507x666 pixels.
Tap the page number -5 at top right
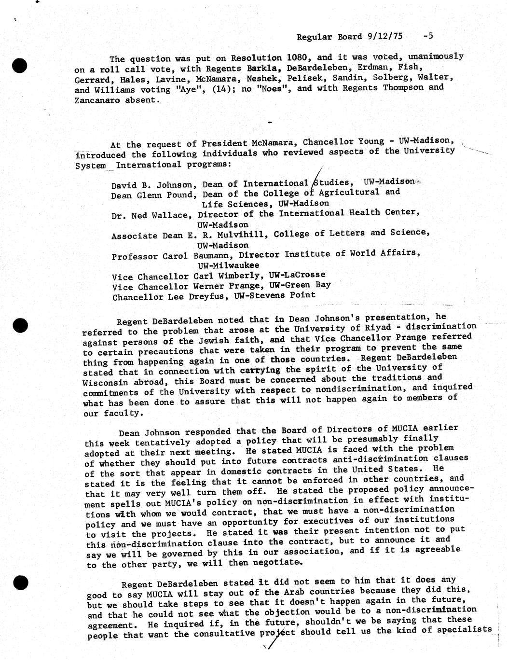427,35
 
